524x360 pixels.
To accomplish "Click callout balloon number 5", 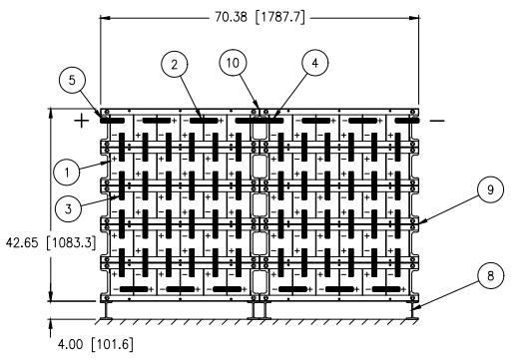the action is pos(72,80).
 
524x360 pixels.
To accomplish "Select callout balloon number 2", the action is pos(174,65).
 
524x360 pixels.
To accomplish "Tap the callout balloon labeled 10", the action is pos(233,63).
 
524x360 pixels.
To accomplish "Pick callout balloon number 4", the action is pos(315,63).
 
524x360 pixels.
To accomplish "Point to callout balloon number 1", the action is pos(67,173).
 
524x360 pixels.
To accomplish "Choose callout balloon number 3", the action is pos(69,209).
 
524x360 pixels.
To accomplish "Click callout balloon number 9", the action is pos(490,189).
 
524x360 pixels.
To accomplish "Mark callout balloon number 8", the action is pos(490,276).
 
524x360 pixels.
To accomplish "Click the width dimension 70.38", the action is pos(231,17).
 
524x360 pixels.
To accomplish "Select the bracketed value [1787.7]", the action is pos(280,17).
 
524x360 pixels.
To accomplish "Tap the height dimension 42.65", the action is pos(22,242).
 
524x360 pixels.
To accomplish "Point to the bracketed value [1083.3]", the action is pos(71,242).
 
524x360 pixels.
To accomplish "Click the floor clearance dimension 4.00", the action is pos(70,344).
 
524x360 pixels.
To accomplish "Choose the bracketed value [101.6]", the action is pos(112,344).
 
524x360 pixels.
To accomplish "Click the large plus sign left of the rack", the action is pos(82,121).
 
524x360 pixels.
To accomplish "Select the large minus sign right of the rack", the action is pos(437,121).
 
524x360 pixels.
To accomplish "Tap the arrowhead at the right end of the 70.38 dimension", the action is pos(414,18).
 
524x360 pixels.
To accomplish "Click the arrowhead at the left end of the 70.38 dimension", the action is pos(106,18).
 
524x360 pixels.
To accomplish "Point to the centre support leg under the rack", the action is pos(260,311).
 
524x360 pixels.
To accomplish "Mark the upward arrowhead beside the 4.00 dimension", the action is pos(51,324).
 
